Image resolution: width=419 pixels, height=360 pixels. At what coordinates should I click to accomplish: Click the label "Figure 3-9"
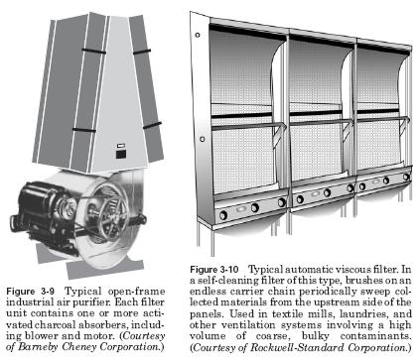coord(30,292)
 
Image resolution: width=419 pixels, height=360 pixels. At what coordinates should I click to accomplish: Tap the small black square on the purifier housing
coord(120,155)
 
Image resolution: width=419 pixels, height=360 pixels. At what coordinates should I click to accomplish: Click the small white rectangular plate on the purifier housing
coord(121,146)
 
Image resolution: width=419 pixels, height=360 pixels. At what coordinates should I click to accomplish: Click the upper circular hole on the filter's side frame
coord(198,35)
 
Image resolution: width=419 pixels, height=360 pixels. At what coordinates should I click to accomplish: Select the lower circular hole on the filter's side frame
coord(203,139)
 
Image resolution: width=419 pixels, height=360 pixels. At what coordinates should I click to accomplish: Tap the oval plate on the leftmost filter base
coord(241,209)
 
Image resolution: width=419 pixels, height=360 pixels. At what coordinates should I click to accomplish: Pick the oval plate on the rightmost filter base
coord(375,181)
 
